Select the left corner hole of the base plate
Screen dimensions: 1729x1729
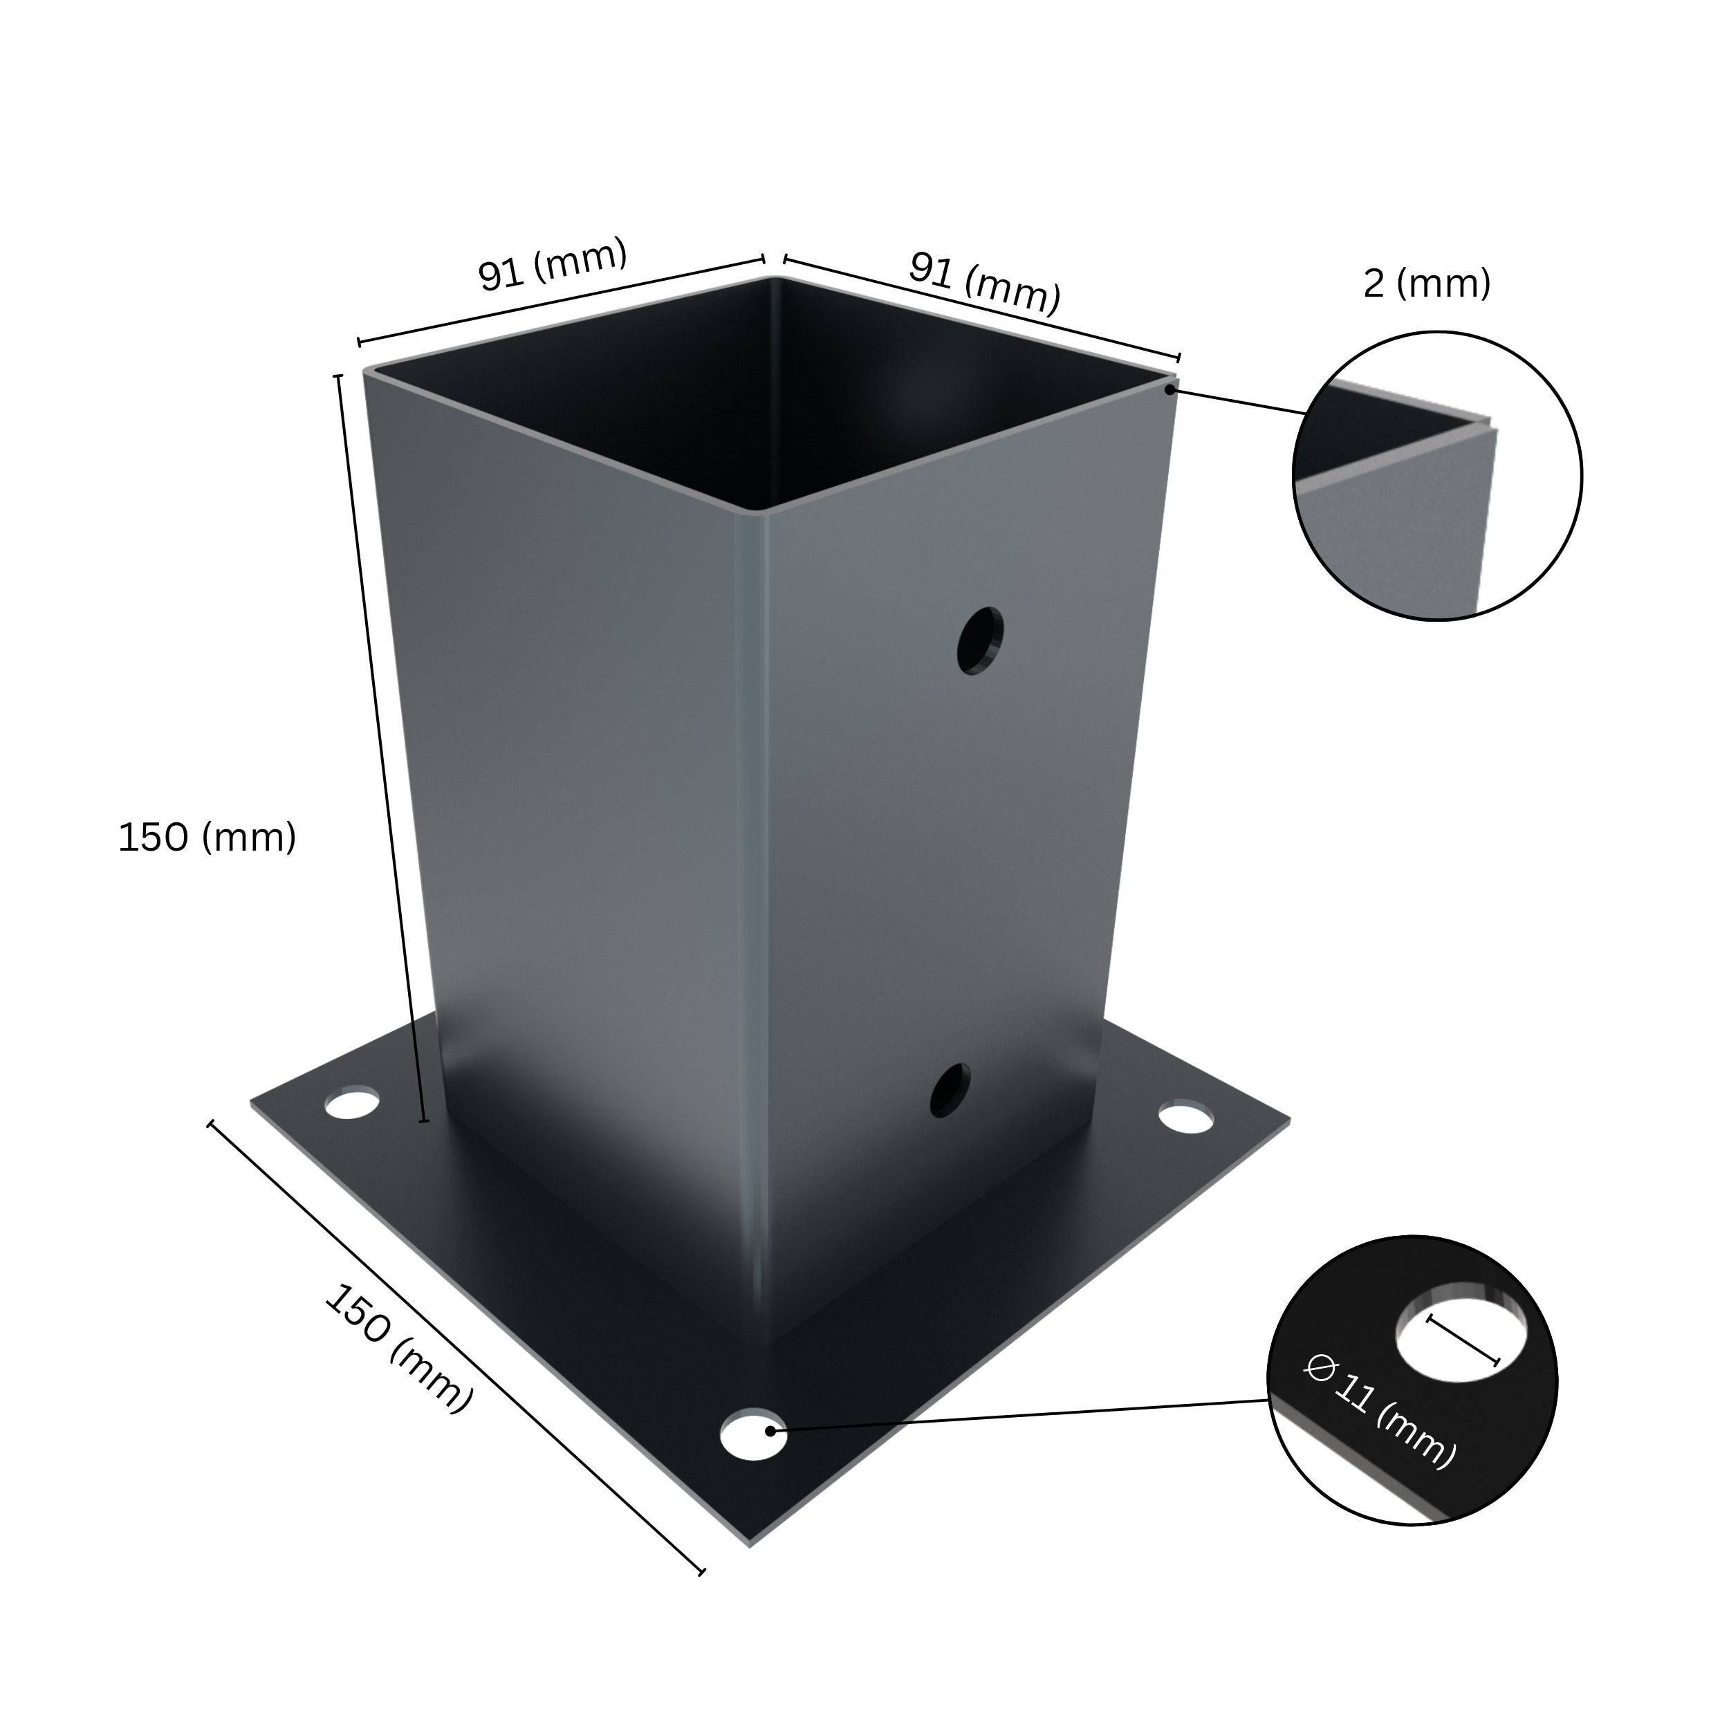pos(353,1103)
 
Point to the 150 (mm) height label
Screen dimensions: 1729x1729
pos(207,838)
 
